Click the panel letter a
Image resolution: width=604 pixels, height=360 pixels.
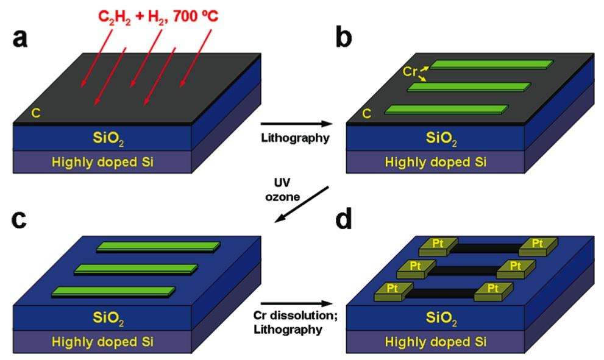20,38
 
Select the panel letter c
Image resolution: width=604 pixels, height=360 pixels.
20,220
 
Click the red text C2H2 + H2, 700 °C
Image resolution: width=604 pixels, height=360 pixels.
158,17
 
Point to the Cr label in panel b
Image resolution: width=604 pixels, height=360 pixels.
410,72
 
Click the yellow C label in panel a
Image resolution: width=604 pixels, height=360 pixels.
35,113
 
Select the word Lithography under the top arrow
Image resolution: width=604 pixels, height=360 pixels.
295,138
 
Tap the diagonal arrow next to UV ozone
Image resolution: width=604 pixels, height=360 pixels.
301,205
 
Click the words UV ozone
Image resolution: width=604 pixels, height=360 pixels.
282,189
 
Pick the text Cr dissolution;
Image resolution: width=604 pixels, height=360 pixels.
296,316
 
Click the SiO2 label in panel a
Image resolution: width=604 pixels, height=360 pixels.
108,139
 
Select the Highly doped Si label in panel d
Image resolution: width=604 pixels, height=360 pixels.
436,342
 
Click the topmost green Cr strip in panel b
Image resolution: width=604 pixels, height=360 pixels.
492,65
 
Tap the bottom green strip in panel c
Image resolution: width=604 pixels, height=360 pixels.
113,292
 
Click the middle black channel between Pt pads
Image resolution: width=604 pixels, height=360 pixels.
466,270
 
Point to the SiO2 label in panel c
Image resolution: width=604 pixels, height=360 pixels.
108,319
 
